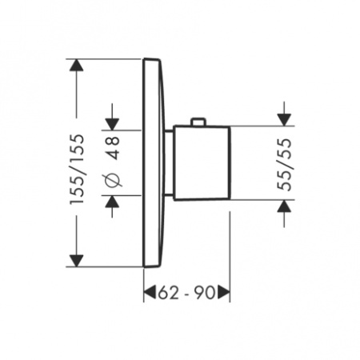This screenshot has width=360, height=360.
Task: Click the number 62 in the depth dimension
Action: point(166,294)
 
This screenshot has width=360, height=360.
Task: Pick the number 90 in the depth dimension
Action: point(206,294)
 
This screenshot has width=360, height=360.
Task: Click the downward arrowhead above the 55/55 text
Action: point(283,118)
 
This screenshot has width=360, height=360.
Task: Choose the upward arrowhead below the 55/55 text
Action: point(283,208)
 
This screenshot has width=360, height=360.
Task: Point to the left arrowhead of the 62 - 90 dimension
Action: point(150,294)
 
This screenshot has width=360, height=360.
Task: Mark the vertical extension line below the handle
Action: point(230,248)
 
